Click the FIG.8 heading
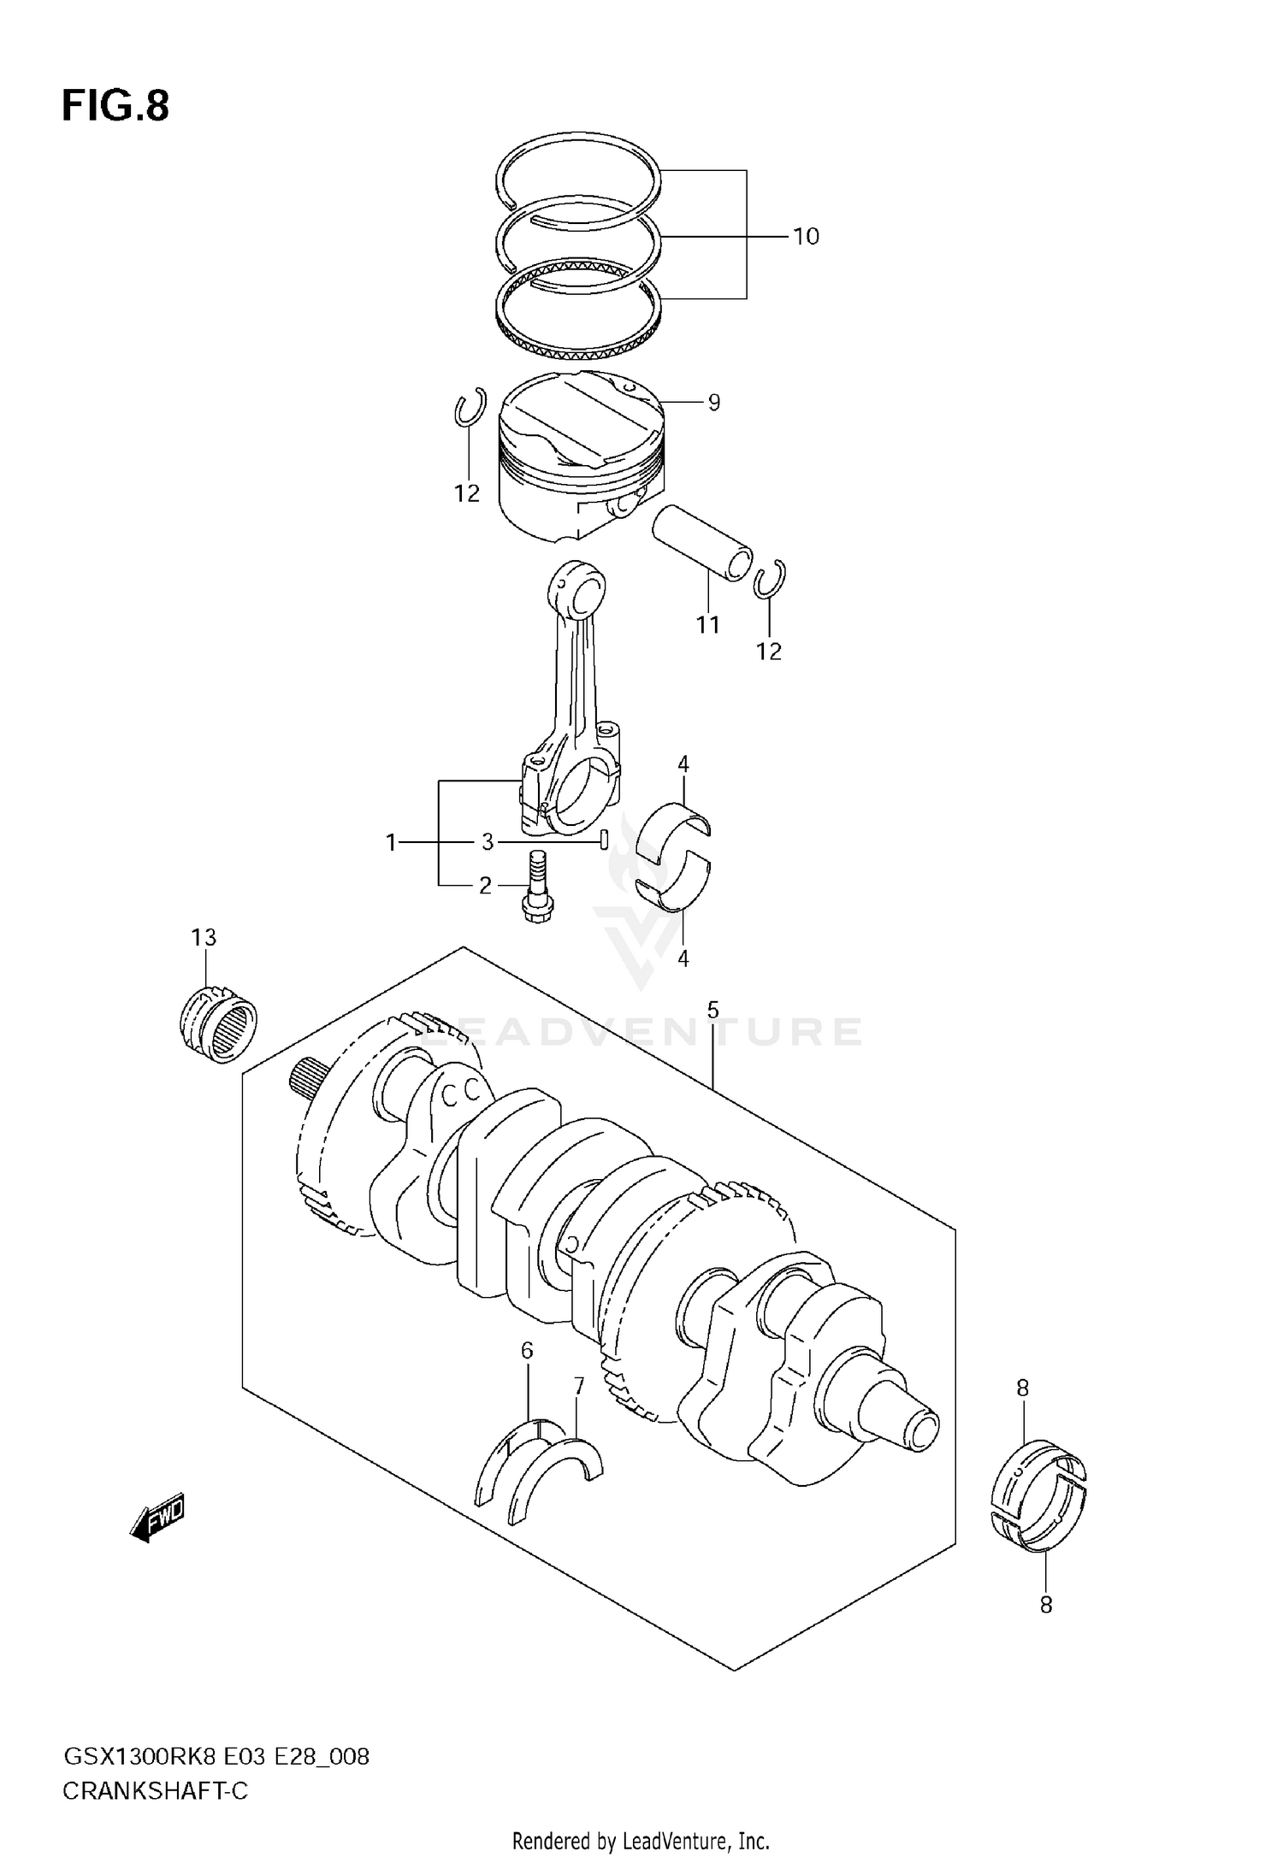(115, 107)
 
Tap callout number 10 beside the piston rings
(806, 236)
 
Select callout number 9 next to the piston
(713, 402)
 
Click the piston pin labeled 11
(701, 542)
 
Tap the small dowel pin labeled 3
(604, 841)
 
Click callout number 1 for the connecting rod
(391, 843)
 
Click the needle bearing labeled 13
(219, 1023)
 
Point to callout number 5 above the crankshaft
(712, 1011)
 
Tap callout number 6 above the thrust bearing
(527, 1351)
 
